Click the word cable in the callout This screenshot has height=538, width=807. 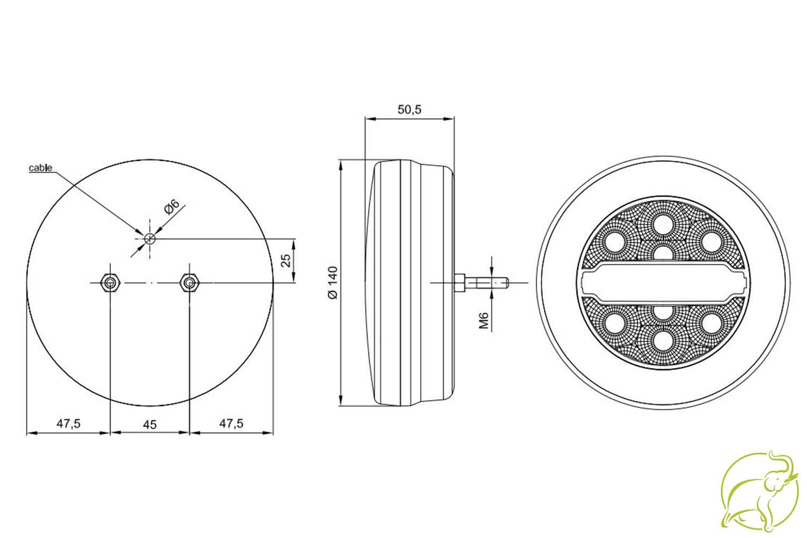coord(40,168)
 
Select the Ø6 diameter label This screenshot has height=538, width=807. coord(172,207)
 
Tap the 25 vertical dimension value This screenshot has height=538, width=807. coord(286,260)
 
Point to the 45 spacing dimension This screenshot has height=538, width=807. coord(150,425)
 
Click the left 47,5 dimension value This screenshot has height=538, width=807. coord(68,424)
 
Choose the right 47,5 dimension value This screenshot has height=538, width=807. coord(231,424)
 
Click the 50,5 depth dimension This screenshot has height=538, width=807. coord(409,110)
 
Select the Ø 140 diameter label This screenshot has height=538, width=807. coord(333,282)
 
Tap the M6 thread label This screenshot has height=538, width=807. coord(484,321)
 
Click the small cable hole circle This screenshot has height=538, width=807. coord(150,238)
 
